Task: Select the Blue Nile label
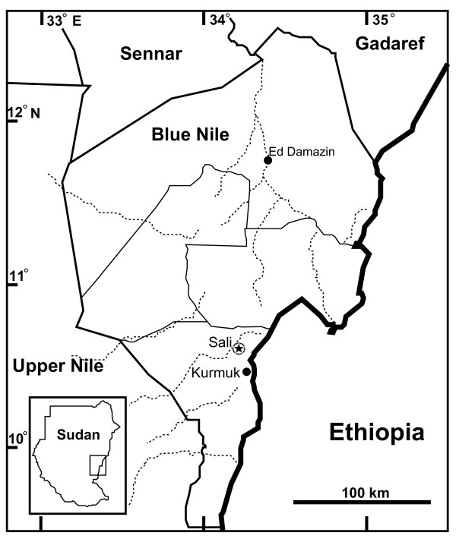190,135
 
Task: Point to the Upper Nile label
57,367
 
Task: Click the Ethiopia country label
375,433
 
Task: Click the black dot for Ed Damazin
268,159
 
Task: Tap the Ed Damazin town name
302,152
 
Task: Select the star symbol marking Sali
239,348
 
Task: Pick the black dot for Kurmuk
246,372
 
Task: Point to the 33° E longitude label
64,21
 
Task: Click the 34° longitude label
220,20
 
